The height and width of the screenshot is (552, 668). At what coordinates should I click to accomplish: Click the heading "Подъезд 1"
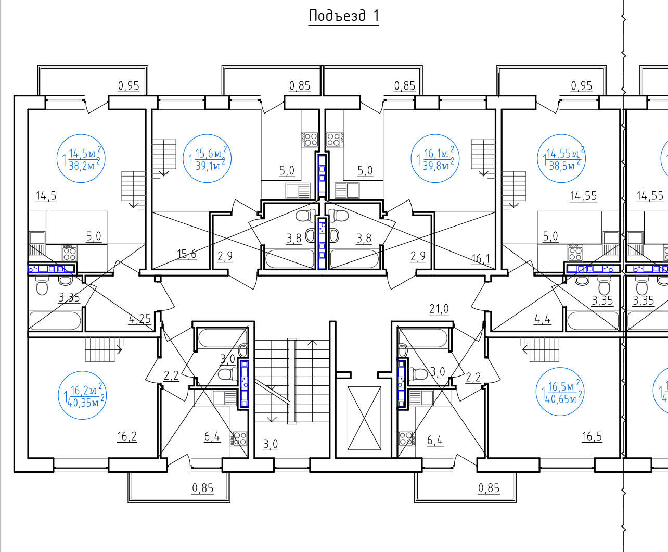pyautogui.click(x=343, y=16)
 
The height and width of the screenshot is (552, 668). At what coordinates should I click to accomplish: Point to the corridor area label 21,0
pyautogui.click(x=439, y=309)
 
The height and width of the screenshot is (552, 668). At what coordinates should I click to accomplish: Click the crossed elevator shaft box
pyautogui.click(x=364, y=418)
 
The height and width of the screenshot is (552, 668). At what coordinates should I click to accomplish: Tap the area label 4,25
pyautogui.click(x=140, y=319)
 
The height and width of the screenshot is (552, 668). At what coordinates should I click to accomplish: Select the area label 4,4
pyautogui.click(x=543, y=319)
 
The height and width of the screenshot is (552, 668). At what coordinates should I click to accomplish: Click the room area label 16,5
pyautogui.click(x=592, y=436)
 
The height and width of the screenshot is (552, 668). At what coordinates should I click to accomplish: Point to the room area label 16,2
pyautogui.click(x=127, y=436)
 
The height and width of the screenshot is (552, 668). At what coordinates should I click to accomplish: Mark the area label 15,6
pyautogui.click(x=187, y=254)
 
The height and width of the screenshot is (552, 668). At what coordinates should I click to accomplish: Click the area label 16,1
pyautogui.click(x=481, y=258)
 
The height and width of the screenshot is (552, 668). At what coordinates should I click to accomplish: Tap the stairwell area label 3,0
pyautogui.click(x=271, y=444)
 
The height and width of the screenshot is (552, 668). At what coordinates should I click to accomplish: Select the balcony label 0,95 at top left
pyautogui.click(x=129, y=86)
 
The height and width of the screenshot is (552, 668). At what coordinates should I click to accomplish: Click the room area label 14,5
pyautogui.click(x=46, y=196)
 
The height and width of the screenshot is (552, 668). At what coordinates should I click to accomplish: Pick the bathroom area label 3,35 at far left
pyautogui.click(x=69, y=297)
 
